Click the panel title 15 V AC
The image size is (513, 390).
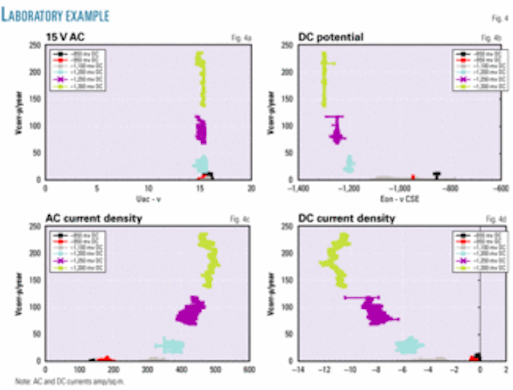tap(65, 37)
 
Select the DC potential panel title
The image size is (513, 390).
tap(331, 37)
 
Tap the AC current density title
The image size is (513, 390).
tap(94, 218)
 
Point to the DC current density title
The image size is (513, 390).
tap(347, 218)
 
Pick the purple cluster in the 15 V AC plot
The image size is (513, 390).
tap(201, 130)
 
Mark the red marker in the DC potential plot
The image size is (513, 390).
tap(413, 177)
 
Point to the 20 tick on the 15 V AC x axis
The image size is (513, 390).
tap(252, 188)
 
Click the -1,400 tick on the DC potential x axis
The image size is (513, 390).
tap(299, 188)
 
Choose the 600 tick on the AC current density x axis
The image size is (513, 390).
tap(249, 369)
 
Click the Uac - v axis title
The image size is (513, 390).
tap(148, 199)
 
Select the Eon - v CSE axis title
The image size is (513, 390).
tap(399, 199)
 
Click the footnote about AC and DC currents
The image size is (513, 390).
tap(69, 381)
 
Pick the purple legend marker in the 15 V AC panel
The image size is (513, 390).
tap(59, 79)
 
